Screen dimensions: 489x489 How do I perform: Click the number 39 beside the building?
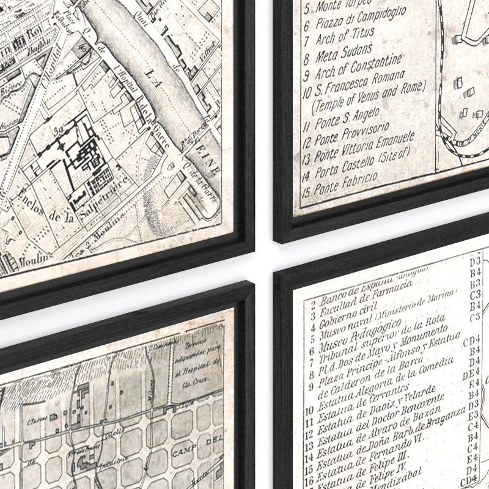click(59, 131)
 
